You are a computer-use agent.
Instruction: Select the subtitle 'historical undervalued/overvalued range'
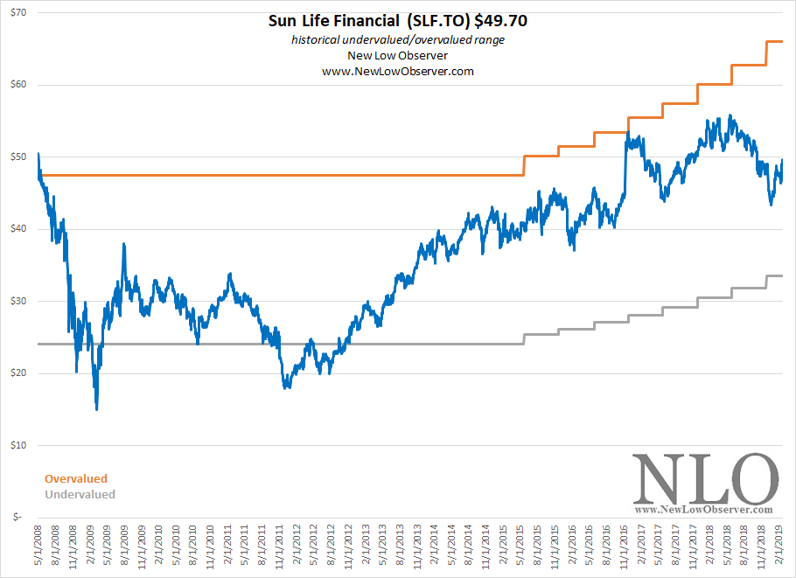[398, 40]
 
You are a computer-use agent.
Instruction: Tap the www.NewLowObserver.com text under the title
[398, 71]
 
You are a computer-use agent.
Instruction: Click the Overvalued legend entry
[76, 478]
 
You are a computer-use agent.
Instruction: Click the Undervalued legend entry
[80, 494]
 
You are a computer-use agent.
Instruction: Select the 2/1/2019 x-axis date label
[781, 547]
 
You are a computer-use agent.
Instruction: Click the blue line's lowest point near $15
[96, 408]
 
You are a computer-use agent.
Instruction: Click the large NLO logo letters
[705, 477]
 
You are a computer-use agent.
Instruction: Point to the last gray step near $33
[774, 275]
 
